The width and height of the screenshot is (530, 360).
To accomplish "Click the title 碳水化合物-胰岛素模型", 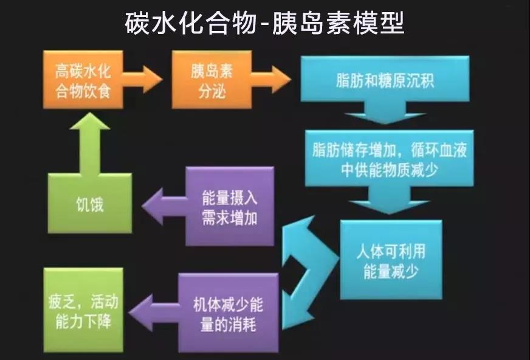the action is pyautogui.click(x=264, y=24).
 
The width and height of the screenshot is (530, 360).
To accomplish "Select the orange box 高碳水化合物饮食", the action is pyautogui.click(x=83, y=80).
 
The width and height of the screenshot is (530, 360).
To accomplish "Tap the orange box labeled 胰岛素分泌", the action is pyautogui.click(x=212, y=80).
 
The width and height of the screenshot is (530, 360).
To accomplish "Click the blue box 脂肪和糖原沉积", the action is pyautogui.click(x=385, y=79).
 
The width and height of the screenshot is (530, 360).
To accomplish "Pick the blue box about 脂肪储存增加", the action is pyautogui.click(x=390, y=158).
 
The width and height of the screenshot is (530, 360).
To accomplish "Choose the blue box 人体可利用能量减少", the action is pyautogui.click(x=391, y=260).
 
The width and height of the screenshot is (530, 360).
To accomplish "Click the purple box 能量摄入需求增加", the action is pyautogui.click(x=230, y=206).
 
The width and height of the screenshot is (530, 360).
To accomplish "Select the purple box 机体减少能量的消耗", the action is pyautogui.click(x=229, y=313).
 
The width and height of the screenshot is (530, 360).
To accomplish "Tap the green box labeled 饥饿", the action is pyautogui.click(x=89, y=204).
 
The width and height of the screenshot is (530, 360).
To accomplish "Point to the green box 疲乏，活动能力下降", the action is pyautogui.click(x=83, y=310).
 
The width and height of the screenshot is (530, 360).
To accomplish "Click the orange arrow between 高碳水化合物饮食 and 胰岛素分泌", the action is pyautogui.click(x=142, y=80).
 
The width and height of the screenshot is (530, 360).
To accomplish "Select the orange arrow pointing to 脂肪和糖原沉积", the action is pyautogui.click(x=271, y=80).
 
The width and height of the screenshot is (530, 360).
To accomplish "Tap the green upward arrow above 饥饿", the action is pyautogui.click(x=89, y=143).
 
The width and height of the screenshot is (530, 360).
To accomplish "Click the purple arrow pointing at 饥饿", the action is pyautogui.click(x=164, y=206).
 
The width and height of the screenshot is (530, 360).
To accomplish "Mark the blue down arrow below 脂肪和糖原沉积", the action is pyautogui.click(x=385, y=112).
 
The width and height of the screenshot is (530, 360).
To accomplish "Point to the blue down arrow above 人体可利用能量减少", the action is pyautogui.click(x=389, y=200).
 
